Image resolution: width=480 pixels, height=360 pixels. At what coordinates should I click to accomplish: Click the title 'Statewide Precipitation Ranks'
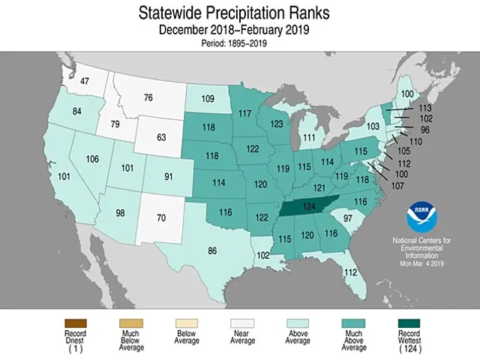click(x=240, y=13)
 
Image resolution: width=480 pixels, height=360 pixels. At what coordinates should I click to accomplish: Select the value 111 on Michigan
click(x=307, y=138)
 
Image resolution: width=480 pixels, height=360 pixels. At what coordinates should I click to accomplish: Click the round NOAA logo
click(x=424, y=217)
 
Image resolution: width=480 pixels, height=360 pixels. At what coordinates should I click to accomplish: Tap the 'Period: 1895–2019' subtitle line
click(x=240, y=43)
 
